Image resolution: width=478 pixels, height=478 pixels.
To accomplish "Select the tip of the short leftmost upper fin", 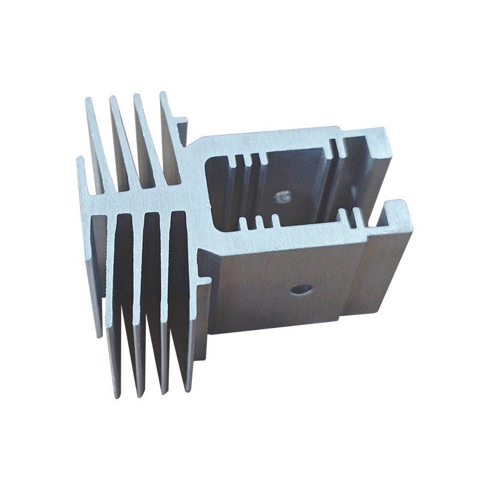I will [79, 160].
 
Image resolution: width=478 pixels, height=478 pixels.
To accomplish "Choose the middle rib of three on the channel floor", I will [259, 223].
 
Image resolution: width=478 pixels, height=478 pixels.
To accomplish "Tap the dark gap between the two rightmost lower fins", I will [178, 287].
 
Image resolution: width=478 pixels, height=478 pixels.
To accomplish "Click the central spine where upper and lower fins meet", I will [149, 200].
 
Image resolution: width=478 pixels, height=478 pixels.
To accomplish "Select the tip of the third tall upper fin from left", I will [137, 96].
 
